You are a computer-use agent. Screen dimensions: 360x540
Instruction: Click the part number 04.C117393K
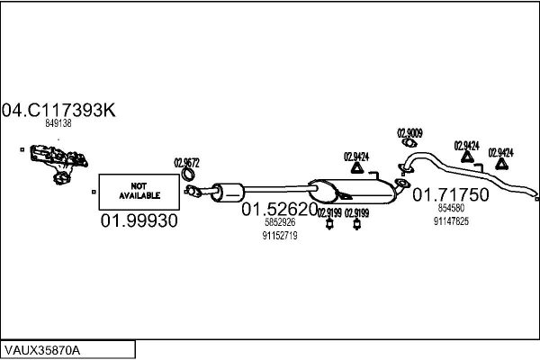coord(59,111)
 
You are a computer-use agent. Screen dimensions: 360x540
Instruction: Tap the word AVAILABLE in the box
coord(137,194)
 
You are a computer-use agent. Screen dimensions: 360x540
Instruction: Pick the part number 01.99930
coord(139,220)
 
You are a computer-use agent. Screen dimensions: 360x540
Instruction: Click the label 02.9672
coord(186,163)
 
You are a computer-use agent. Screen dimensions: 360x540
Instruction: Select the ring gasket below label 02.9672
coord(191,190)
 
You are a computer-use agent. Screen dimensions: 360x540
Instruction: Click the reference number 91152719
coord(279,235)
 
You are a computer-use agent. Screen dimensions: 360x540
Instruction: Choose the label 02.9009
coord(409,132)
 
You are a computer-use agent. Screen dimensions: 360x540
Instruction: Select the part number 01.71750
coord(450,193)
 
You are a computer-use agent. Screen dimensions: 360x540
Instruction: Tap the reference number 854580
coord(450,209)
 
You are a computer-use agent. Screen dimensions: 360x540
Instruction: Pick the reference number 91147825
coord(451,220)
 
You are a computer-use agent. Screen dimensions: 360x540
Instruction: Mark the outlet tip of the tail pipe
coord(535,195)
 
